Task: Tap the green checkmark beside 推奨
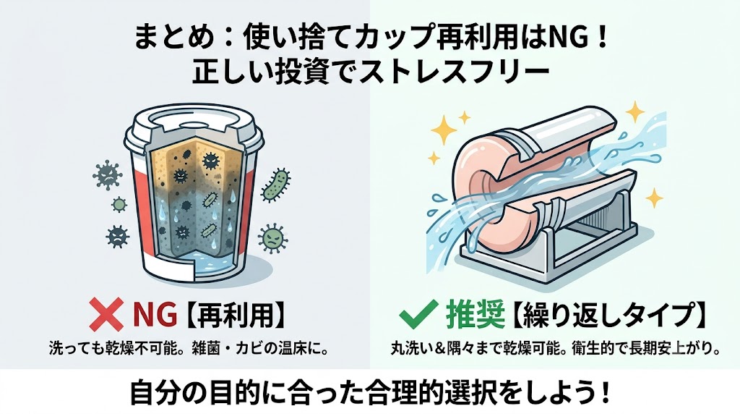point(418,314)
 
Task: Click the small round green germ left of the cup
point(119,205)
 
